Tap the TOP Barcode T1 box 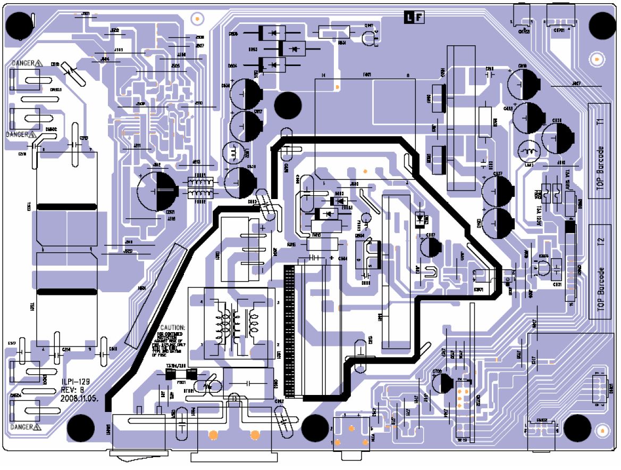pos(599,151)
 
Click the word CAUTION pos(173,327)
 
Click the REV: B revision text pos(73,390)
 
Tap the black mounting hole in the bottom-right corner pos(577,427)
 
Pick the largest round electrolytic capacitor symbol pos(157,191)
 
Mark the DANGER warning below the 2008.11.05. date pos(26,427)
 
